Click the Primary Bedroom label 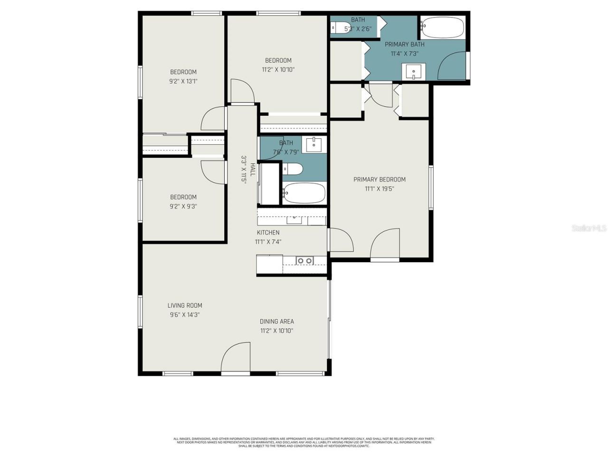[x=379, y=180]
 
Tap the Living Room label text [x=184, y=305]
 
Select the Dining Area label [x=276, y=322]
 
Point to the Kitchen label [x=268, y=233]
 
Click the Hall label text [x=252, y=170]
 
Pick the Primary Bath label [x=404, y=44]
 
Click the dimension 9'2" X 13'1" [x=183, y=81]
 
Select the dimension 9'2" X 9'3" [x=183, y=207]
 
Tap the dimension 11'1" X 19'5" [x=380, y=189]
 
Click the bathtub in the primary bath [x=442, y=28]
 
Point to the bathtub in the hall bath [x=304, y=193]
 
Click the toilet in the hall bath [x=293, y=169]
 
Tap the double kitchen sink [x=304, y=260]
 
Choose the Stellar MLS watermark [x=589, y=228]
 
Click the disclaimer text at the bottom [x=304, y=442]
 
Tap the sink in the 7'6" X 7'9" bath [x=313, y=145]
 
